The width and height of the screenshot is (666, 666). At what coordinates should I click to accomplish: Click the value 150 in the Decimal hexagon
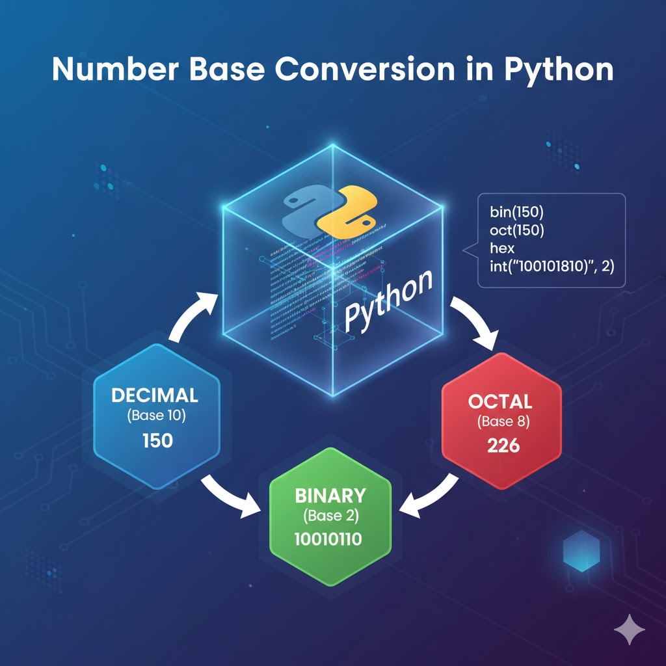click(157, 440)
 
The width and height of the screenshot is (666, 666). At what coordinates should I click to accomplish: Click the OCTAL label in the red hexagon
click(500, 401)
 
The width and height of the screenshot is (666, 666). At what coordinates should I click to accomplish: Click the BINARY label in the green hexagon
click(330, 495)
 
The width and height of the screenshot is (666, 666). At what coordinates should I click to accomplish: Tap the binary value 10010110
click(330, 539)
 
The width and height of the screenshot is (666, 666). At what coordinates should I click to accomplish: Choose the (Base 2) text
click(330, 517)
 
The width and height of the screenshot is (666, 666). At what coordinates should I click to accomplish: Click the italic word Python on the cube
click(388, 300)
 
